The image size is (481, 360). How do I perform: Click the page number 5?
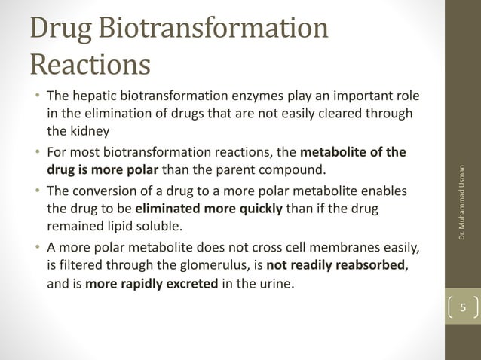coord(464,307)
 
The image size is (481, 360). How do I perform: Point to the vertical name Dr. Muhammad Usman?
coord(464,203)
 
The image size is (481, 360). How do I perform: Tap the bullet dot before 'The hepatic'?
coord(36,98)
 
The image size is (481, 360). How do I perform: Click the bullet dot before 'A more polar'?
coord(36,249)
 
